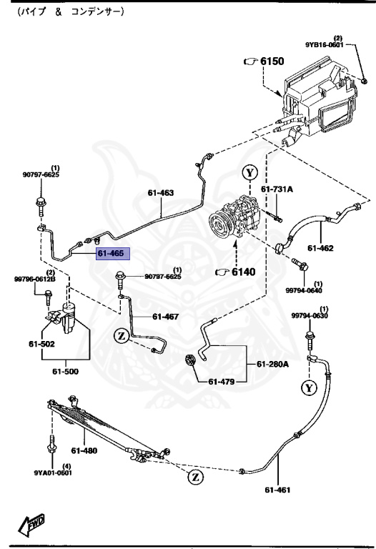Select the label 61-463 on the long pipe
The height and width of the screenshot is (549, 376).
click(161, 192)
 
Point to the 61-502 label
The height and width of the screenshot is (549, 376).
click(42, 344)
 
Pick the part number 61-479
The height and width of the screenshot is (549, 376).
click(222, 381)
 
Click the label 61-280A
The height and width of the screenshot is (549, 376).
click(273, 365)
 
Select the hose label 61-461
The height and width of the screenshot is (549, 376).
click(279, 490)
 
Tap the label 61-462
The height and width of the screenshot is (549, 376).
click(322, 249)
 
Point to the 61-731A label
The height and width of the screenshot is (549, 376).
click(277, 189)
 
